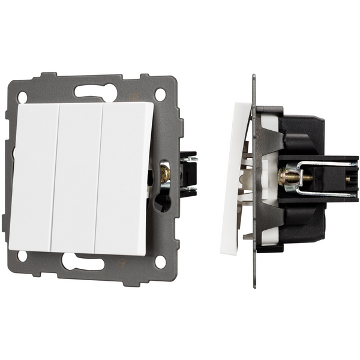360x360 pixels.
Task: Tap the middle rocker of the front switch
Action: coord(77,177)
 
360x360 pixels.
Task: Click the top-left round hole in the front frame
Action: coord(23,96)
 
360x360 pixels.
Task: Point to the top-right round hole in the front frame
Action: coord(160,94)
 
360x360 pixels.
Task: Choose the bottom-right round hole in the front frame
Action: coord(160,262)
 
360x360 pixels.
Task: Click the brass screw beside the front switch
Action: coord(164,175)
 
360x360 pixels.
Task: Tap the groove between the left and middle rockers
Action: coord(56,177)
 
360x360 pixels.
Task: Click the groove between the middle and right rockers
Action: coord(99,177)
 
